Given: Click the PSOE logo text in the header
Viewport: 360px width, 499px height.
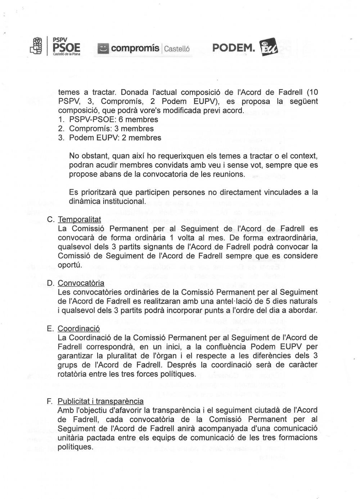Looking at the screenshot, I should point(66,47).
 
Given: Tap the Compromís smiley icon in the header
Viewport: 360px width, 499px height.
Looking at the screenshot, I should point(104,48).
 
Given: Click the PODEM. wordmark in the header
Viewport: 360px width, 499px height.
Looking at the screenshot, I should point(234,48).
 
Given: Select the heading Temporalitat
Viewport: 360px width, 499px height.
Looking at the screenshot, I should point(79,219).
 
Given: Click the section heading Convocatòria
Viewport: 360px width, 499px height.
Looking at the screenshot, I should point(81,283).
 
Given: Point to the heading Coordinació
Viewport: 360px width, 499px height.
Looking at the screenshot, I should point(79,328).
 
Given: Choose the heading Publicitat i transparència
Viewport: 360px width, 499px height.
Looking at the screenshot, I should point(100,401).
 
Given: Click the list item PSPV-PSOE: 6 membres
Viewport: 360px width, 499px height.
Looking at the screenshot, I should point(113,119).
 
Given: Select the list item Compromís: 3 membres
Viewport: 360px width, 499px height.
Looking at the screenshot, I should point(111,128).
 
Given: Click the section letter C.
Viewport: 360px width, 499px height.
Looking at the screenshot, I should point(50,219).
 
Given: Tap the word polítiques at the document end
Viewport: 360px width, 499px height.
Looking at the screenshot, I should point(75,446).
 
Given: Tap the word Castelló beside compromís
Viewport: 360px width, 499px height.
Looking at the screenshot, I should point(177,49).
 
